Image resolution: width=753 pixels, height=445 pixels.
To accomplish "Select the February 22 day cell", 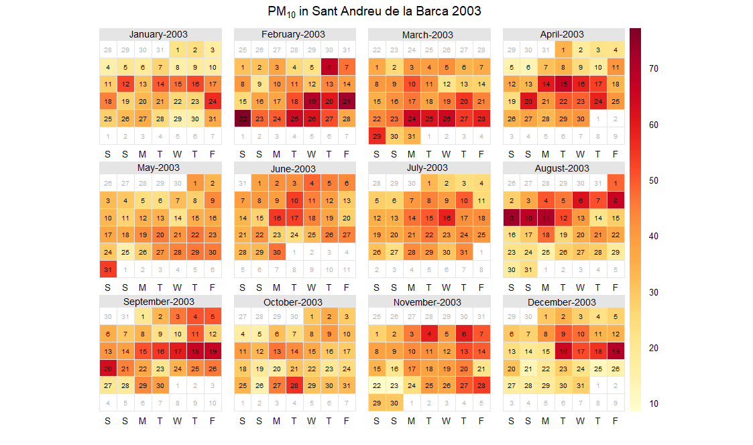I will [242, 119].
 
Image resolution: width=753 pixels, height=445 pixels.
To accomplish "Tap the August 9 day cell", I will [511, 218].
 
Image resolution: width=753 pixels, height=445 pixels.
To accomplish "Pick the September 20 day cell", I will [108, 369].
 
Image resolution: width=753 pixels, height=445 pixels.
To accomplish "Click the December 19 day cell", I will [615, 351].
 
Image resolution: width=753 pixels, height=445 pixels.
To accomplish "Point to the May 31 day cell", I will [108, 269].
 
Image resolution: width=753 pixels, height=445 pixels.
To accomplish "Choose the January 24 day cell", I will [212, 102].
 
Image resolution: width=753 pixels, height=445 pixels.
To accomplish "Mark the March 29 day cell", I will [377, 136].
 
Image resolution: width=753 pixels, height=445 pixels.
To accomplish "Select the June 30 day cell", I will [277, 252].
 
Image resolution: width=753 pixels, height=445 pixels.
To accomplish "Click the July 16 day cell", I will [446, 218].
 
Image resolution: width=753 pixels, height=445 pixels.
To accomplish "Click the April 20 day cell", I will [528, 102].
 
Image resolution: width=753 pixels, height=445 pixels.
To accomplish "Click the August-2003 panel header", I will [562, 168].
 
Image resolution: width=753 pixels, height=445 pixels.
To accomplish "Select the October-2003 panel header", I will [293, 302].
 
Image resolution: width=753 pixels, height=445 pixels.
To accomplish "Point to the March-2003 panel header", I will [428, 34].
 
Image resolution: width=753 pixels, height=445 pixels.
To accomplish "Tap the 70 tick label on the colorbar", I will [653, 68].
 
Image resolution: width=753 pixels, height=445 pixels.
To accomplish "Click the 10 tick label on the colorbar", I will [653, 403].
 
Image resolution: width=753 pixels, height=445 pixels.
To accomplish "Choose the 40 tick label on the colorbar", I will [653, 236].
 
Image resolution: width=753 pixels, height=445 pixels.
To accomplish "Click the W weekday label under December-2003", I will [580, 421].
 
